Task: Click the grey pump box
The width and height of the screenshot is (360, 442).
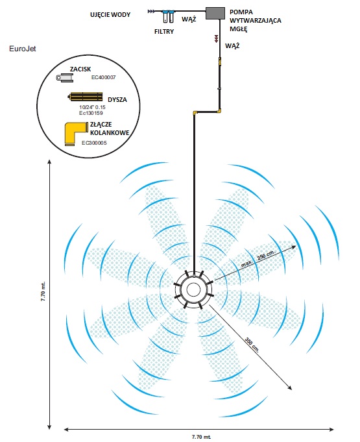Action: tap(215, 13)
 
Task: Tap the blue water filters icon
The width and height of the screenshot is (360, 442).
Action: tap(168, 16)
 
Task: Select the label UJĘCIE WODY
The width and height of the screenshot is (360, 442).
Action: tap(110, 15)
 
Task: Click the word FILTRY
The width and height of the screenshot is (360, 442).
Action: tap(164, 32)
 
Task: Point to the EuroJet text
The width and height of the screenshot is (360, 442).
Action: tap(23, 49)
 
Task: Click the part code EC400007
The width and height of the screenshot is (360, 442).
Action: tap(103, 77)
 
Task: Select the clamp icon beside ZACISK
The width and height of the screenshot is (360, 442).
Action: tap(64, 77)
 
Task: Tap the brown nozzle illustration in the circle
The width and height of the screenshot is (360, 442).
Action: tap(86, 97)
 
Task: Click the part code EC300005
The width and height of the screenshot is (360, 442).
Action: tap(94, 143)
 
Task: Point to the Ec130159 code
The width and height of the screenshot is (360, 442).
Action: tap(91, 113)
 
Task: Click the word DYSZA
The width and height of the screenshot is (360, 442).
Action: tap(117, 100)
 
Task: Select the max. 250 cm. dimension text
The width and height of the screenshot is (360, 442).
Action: tap(258, 258)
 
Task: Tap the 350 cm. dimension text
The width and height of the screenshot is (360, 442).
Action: tap(252, 345)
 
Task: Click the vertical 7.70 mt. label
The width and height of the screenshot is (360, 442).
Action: tap(43, 291)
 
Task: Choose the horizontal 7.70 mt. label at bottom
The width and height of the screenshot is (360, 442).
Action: tap(201, 437)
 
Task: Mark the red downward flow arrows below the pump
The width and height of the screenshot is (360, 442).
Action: tap(217, 39)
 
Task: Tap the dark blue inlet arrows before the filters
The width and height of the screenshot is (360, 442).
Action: tap(151, 11)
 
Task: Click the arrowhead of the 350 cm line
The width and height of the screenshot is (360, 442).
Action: tap(290, 387)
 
